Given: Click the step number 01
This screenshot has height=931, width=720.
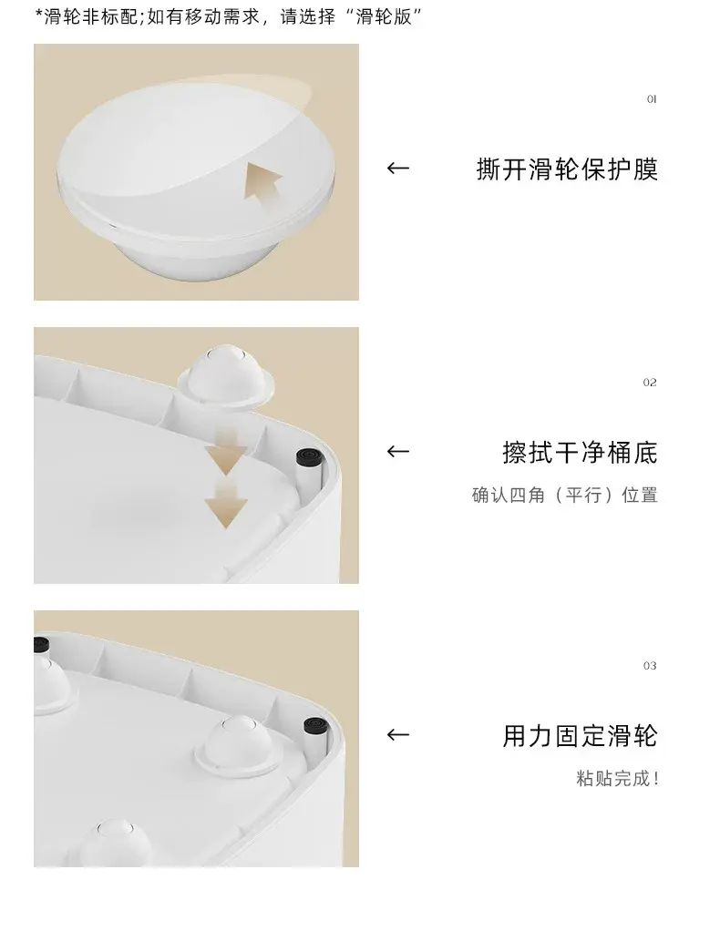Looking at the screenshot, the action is [x=651, y=99].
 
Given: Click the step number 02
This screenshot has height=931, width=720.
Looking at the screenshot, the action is [x=650, y=383].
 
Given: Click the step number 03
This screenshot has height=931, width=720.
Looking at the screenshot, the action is [x=650, y=666].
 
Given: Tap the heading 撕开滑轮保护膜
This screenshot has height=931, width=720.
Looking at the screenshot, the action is [x=567, y=169].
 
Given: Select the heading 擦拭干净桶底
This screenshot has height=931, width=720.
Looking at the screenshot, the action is [x=580, y=453].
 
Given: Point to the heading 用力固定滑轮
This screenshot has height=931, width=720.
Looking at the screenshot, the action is [x=580, y=736].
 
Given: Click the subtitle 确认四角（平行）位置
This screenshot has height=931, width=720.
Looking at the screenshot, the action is [x=565, y=495].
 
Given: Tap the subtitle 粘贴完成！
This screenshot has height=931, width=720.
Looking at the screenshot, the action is [x=617, y=778].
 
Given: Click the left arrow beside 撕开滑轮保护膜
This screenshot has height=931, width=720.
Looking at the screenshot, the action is [x=398, y=169].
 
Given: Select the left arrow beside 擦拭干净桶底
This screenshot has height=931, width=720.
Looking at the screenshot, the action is [x=398, y=452].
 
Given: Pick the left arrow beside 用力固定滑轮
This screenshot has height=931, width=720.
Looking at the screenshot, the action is [x=398, y=735].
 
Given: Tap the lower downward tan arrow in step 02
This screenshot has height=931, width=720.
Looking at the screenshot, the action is [x=226, y=504].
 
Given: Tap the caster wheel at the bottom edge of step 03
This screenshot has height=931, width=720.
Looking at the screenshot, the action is [x=113, y=844].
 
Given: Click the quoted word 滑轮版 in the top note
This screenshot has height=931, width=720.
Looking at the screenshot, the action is [x=384, y=16].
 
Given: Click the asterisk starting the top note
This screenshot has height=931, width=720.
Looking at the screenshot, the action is [x=39, y=13].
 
